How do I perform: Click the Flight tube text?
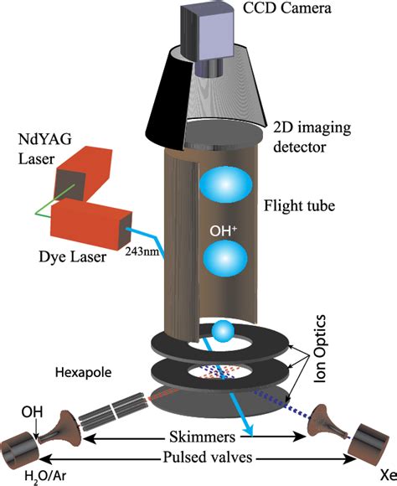pyautogui.click(x=297, y=204)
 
